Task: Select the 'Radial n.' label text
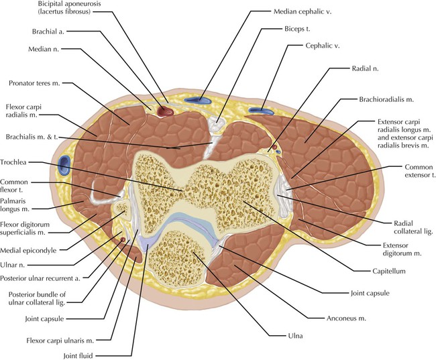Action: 367,68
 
